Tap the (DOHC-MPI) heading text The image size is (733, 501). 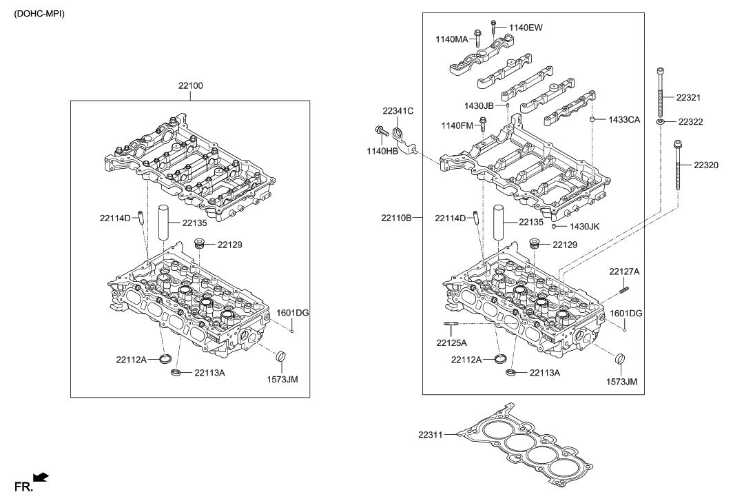(39, 14)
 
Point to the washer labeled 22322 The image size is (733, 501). (661, 121)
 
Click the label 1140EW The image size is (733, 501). (526, 28)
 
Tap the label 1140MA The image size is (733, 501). (451, 39)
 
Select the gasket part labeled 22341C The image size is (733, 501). (402, 134)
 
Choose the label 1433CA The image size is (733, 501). (624, 119)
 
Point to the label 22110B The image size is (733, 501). (396, 218)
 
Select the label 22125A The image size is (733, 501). (452, 342)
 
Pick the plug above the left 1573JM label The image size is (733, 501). (280, 358)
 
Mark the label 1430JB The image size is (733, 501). (478, 105)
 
